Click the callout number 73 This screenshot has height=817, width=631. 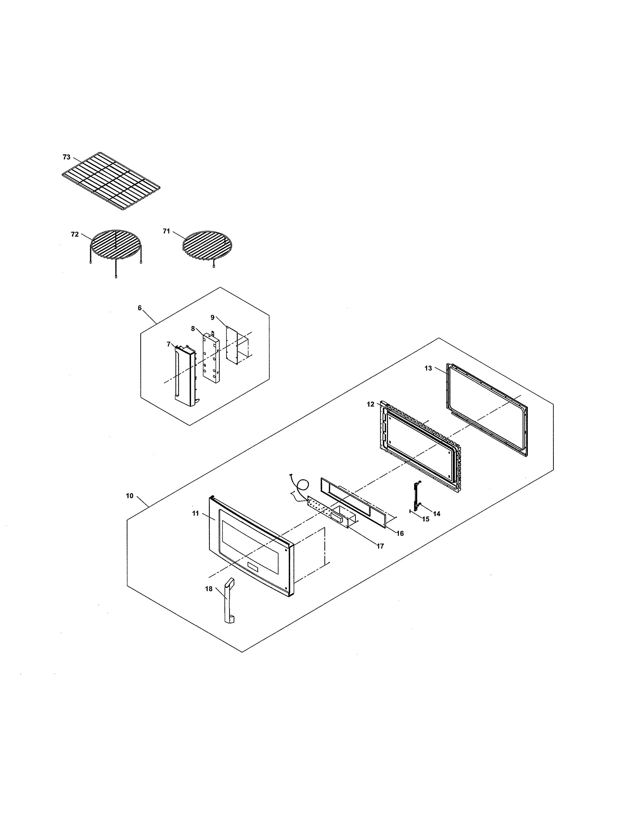[67, 157]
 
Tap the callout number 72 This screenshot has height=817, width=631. [75, 234]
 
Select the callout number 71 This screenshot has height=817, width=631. [166, 231]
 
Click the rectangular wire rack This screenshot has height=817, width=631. [111, 182]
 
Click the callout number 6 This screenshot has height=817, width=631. [140, 308]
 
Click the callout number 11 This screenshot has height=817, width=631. [195, 513]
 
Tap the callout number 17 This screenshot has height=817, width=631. [380, 546]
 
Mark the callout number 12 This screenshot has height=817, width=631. [370, 404]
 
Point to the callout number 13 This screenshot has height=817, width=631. [428, 368]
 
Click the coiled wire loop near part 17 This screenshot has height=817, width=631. [303, 485]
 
